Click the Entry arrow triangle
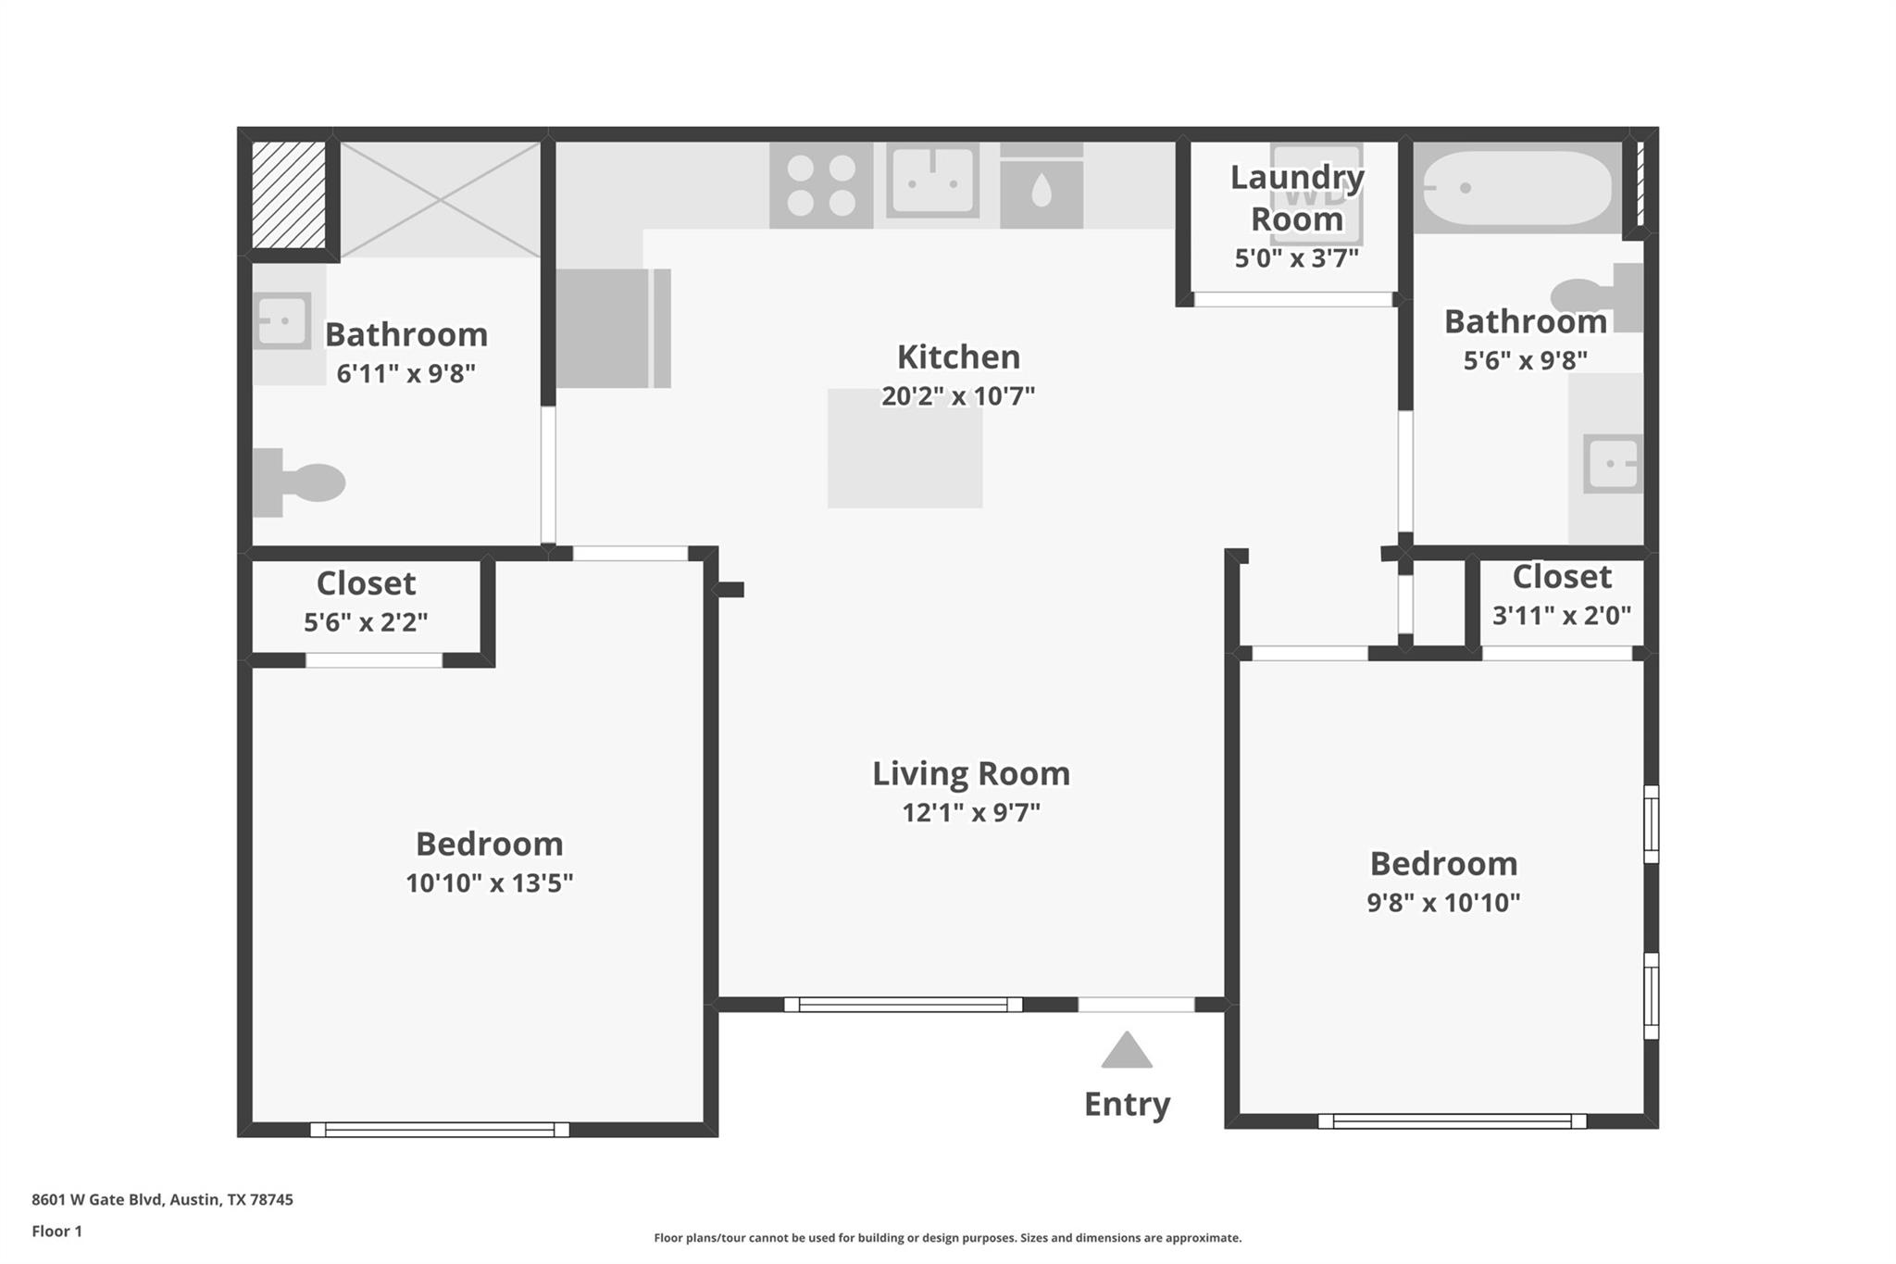pyautogui.click(x=1126, y=1051)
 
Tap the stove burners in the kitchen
pyautogui.click(x=821, y=185)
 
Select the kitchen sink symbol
pyautogui.click(x=932, y=181)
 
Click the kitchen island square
pyautogui.click(x=904, y=448)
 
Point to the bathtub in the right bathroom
pyautogui.click(x=1516, y=188)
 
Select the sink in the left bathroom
pyautogui.click(x=282, y=320)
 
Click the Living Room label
pyautogui.click(x=970, y=773)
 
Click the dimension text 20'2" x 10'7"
pyautogui.click(x=957, y=396)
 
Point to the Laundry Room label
pyautogui.click(x=1296, y=197)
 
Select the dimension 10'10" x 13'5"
pyautogui.click(x=489, y=882)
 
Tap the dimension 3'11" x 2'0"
pyautogui.click(x=1561, y=615)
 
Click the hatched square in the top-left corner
pyautogui.click(x=289, y=194)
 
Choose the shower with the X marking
pyautogui.click(x=440, y=198)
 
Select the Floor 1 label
pyautogui.click(x=56, y=1231)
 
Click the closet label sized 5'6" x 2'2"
pyautogui.click(x=366, y=583)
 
